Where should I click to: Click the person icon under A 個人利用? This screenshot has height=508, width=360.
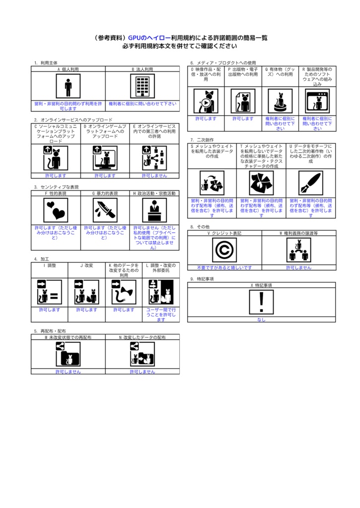[x=68, y=87]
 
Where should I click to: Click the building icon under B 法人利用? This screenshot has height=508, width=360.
[x=143, y=87]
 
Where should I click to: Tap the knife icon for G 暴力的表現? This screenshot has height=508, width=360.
[x=105, y=210]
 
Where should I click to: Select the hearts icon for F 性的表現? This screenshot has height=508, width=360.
[x=55, y=210]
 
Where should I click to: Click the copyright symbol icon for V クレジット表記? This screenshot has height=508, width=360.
[x=224, y=250]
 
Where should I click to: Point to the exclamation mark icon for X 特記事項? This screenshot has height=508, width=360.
[x=261, y=302]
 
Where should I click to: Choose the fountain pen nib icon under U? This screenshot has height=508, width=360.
[x=311, y=183]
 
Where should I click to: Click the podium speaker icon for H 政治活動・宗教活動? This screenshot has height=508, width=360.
[x=154, y=210]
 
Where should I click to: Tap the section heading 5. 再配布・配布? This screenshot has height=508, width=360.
[x=50, y=331]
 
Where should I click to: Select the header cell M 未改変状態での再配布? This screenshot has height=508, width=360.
[x=68, y=337]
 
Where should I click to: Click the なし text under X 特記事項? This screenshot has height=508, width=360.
[x=261, y=319]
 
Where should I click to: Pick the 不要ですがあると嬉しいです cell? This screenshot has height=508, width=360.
[x=224, y=267]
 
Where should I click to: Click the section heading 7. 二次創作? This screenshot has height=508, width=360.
[x=202, y=140]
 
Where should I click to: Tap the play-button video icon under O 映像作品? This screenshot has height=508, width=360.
[x=206, y=102]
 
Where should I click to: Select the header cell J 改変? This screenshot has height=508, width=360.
[x=86, y=265]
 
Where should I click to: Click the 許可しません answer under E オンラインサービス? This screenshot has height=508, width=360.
[x=154, y=176]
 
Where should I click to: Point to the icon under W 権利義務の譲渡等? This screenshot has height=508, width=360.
[x=298, y=250]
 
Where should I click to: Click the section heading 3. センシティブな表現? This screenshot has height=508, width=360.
[x=56, y=187]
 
